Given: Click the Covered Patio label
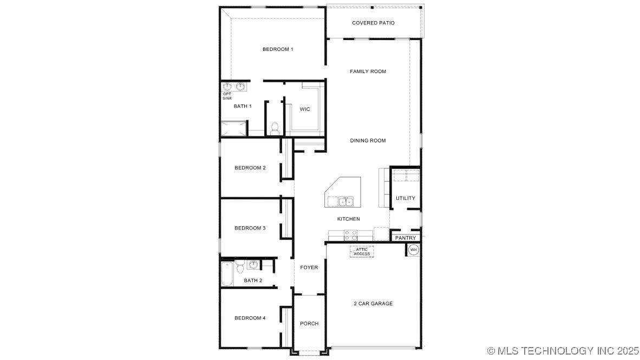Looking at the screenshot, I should click(373, 23).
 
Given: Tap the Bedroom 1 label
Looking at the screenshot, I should click(278, 49).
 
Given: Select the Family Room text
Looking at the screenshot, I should click(368, 71).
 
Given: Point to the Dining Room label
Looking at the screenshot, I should click(368, 141).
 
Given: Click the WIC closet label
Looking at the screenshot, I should click(305, 109).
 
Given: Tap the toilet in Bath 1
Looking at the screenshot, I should click(275, 128).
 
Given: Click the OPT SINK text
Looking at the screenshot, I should click(227, 96).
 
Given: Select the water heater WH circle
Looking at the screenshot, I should click(414, 250).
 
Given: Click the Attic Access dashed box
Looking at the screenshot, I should click(362, 252).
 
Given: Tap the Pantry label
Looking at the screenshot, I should click(406, 238).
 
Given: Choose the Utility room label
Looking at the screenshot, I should click(406, 198).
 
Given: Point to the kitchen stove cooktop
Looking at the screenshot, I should click(351, 235).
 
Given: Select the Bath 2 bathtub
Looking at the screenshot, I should click(226, 274).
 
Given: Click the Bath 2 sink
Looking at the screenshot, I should click(253, 265).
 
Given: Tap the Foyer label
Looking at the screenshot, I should click(309, 267).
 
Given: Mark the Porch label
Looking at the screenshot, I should click(309, 324).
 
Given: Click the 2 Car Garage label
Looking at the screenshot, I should click(373, 304).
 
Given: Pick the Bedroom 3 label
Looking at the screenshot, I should click(250, 228).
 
